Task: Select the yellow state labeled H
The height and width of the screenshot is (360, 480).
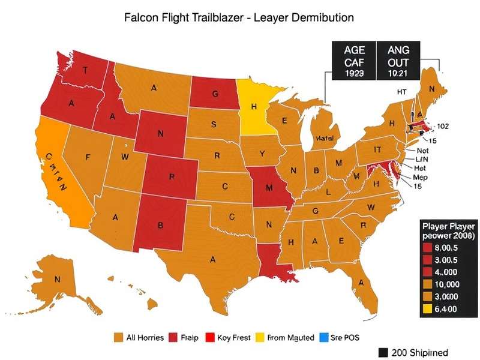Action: pyautogui.click(x=254, y=106)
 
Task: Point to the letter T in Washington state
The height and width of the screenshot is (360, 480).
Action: pyautogui.click(x=85, y=70)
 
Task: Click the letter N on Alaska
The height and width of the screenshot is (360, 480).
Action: pyautogui.click(x=58, y=279)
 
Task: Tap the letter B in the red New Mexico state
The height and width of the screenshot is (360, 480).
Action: pyautogui.click(x=160, y=226)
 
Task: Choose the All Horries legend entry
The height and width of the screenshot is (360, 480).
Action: pyautogui.click(x=139, y=338)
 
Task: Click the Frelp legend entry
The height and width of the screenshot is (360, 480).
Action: pyautogui.click(x=184, y=338)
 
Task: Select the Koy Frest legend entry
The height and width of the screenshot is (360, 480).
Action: pyautogui.click(x=228, y=338)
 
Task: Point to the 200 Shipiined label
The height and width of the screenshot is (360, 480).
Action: pyautogui.click(x=413, y=352)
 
